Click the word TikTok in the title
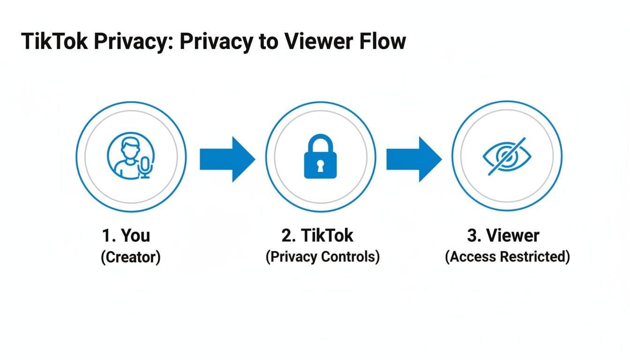(53, 41)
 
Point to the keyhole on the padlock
(321, 166)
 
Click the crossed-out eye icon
(506, 157)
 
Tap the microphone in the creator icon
(146, 166)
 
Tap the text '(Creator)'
(131, 257)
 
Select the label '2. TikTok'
(317, 235)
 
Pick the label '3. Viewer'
(503, 235)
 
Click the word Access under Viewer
(473, 257)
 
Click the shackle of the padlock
(321, 143)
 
